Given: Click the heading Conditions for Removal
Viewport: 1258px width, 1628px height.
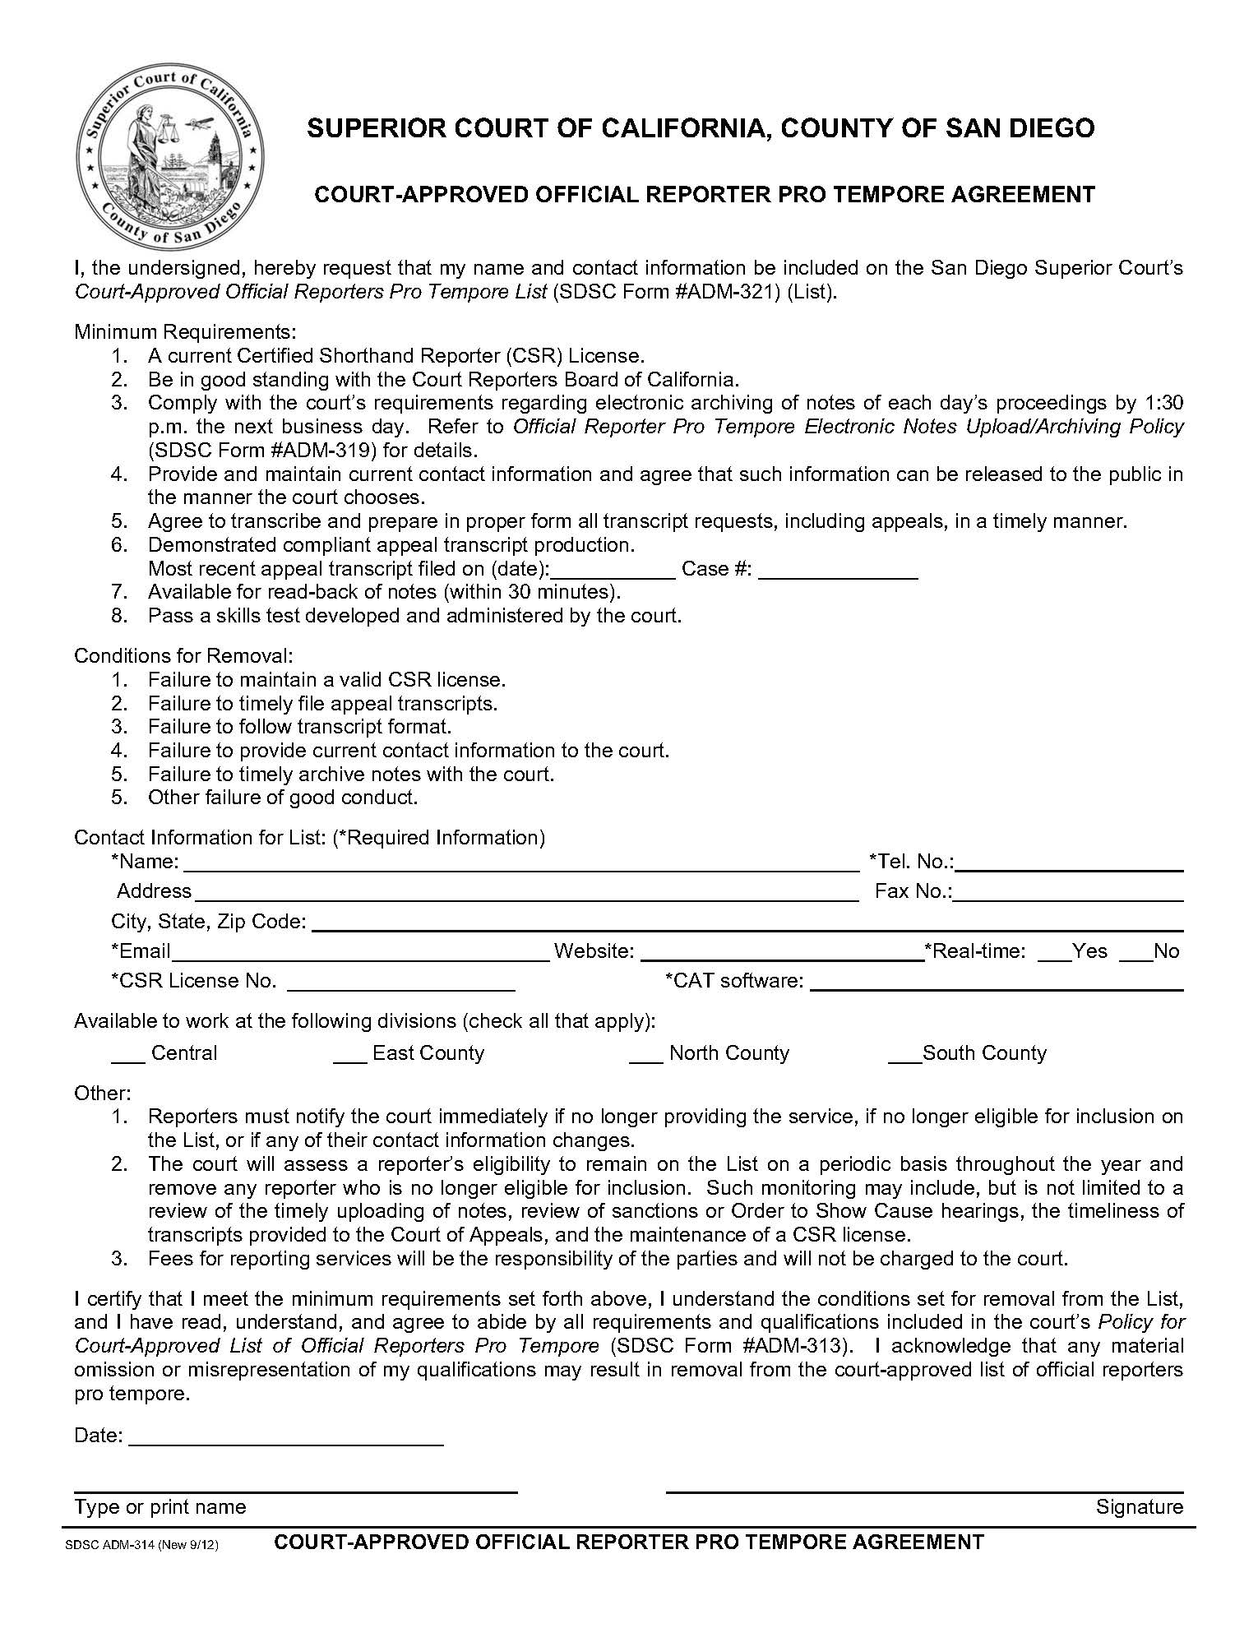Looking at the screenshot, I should (x=183, y=656).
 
